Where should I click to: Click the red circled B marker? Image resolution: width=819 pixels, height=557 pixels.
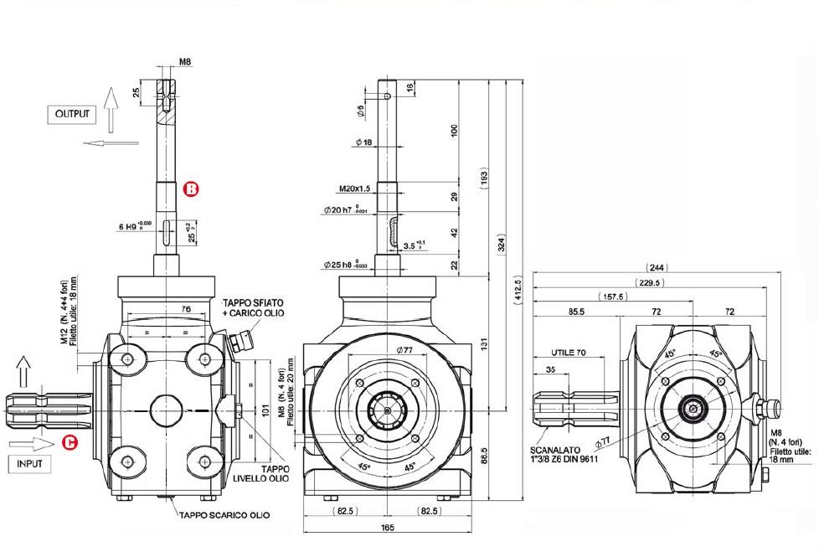[191, 189]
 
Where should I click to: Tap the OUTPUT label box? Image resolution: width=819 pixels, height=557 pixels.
[71, 113]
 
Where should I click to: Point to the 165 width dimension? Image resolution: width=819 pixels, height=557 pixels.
[387, 528]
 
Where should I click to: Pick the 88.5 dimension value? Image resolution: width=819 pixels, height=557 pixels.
[485, 456]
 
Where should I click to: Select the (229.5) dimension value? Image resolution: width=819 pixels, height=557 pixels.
[649, 283]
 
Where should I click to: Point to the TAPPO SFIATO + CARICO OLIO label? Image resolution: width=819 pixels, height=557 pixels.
[253, 307]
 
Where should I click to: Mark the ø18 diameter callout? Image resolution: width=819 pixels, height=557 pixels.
[363, 143]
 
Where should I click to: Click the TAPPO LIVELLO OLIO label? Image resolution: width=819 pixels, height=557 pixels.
[275, 476]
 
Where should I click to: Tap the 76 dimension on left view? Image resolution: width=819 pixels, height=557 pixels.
[186, 309]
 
